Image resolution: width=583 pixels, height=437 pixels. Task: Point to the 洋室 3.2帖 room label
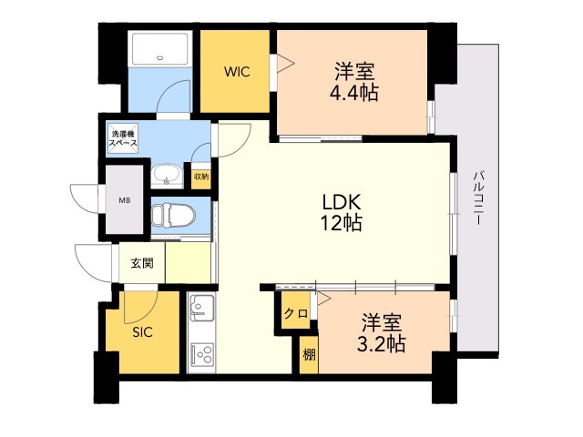coord(381,333)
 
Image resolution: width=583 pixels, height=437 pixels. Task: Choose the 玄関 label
coord(141,264)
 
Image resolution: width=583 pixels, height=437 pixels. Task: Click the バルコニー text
coord(476,200)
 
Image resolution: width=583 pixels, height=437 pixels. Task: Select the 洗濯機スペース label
coord(124,139)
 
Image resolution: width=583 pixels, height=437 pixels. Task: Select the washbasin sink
coord(166,175)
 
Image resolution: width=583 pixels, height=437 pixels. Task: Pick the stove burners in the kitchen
coord(200,353)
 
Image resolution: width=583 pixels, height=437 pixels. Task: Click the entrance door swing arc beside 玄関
coord(91,260)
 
